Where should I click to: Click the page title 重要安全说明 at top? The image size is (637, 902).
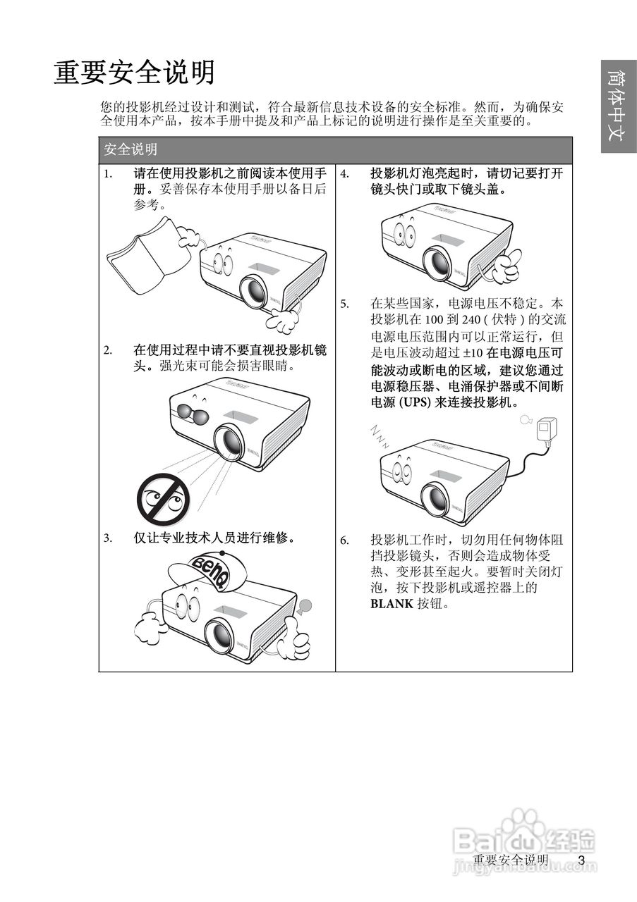(x=134, y=73)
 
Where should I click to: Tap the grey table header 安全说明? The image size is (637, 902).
(x=131, y=149)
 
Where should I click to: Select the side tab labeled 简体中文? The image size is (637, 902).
(x=619, y=106)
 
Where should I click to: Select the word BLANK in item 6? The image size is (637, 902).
(x=392, y=604)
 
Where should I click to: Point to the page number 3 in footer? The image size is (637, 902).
(x=581, y=860)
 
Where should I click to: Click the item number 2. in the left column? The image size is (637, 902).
(x=108, y=350)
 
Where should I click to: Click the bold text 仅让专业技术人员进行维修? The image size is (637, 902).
(x=214, y=538)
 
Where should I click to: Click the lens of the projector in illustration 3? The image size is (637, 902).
(x=219, y=635)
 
